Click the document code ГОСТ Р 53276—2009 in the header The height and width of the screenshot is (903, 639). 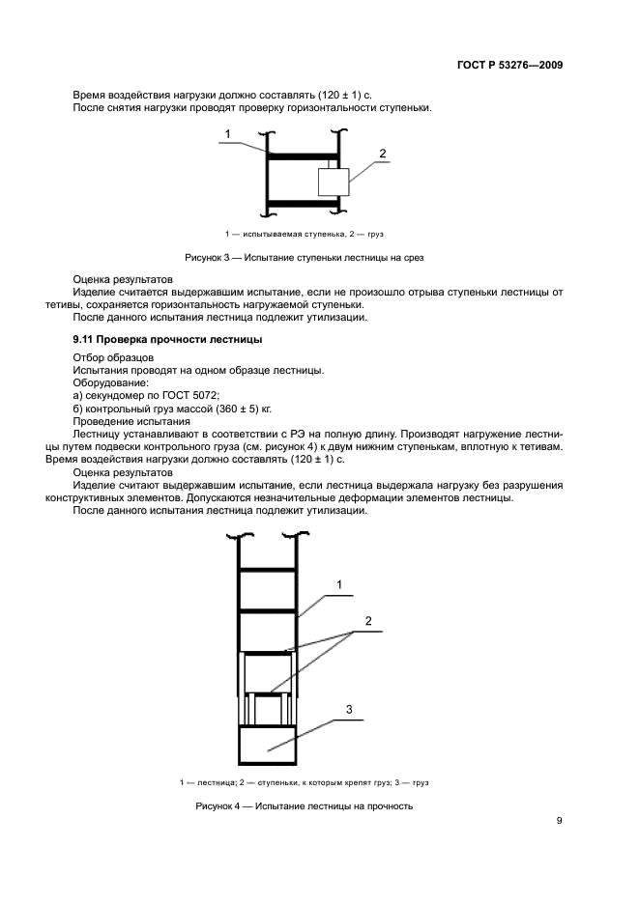508,66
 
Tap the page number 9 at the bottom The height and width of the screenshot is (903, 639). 559,821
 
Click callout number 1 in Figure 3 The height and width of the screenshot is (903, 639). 228,133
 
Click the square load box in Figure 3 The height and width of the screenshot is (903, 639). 334,182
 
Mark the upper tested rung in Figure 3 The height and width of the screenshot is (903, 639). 304,155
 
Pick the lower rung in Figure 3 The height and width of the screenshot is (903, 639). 304,203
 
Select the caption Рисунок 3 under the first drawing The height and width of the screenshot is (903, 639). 305,258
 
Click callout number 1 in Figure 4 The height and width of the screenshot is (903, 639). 339,584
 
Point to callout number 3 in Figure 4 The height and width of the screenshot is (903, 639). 349,708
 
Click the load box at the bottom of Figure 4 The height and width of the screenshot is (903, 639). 268,745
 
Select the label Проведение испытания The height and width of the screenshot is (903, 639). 130,423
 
